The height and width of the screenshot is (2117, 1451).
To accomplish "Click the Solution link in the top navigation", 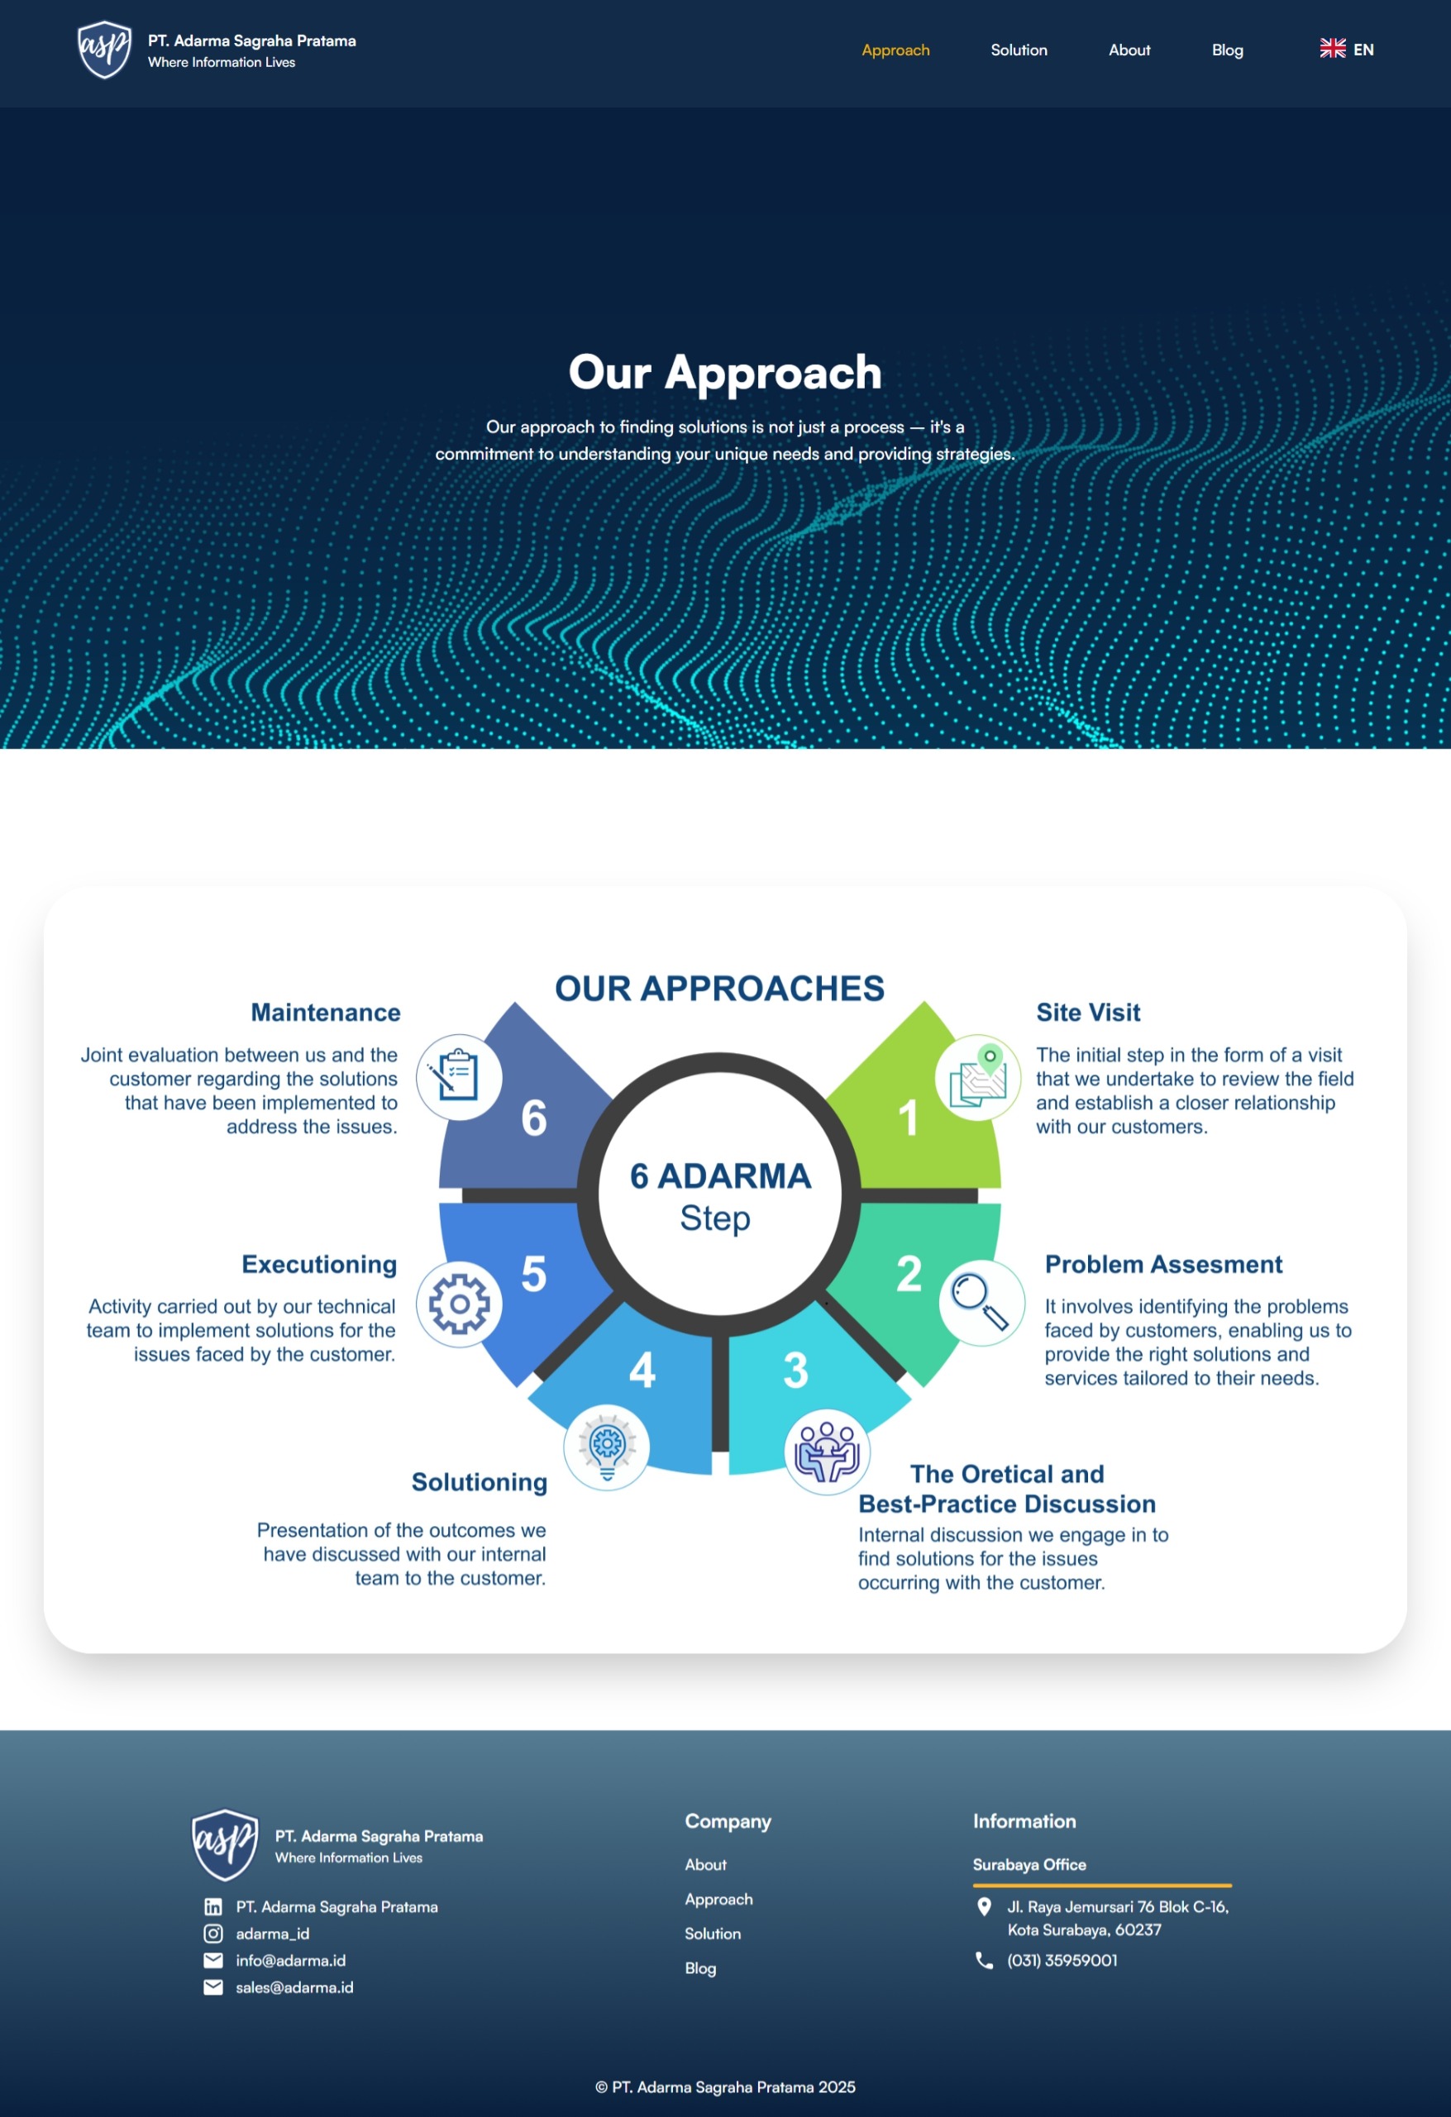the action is pyautogui.click(x=1019, y=50).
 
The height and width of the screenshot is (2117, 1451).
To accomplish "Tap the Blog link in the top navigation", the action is pyautogui.click(x=1227, y=50).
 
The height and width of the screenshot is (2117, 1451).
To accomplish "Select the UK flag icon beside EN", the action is pyautogui.click(x=1333, y=50).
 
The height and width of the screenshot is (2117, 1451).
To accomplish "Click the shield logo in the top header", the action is pyautogui.click(x=105, y=50).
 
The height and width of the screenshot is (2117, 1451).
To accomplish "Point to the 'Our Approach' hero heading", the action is pyautogui.click(x=725, y=373).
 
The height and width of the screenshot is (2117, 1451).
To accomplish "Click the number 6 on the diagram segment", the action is pyautogui.click(x=534, y=1118).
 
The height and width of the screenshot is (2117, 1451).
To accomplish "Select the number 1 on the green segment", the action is pyautogui.click(x=908, y=1118).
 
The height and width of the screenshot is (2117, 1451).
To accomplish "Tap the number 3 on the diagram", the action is pyautogui.click(x=795, y=1370).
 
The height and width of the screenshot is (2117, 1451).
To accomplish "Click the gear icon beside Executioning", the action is pyautogui.click(x=459, y=1304).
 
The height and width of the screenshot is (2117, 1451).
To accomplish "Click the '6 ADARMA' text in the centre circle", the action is pyautogui.click(x=719, y=1176).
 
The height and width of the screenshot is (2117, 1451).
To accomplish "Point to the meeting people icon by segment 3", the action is pyautogui.click(x=827, y=1452).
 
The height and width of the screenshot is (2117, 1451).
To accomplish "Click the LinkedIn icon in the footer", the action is pyautogui.click(x=213, y=1906).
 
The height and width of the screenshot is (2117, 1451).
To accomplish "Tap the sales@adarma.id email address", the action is pyautogui.click(x=294, y=1988).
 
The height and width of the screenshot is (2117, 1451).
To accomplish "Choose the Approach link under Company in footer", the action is pyautogui.click(x=718, y=1900).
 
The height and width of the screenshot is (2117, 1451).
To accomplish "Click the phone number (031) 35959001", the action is pyautogui.click(x=1062, y=1960).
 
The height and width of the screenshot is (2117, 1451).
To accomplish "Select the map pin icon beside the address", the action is pyautogui.click(x=984, y=1906).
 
